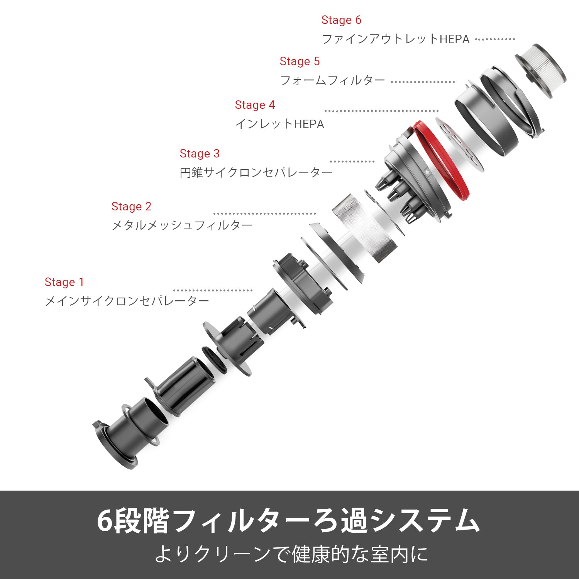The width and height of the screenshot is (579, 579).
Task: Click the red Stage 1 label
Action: [x=64, y=282]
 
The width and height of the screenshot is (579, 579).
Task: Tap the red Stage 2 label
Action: [x=131, y=207]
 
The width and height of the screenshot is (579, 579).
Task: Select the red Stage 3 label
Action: [x=200, y=154]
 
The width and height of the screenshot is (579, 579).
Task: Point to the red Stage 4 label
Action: [x=255, y=105]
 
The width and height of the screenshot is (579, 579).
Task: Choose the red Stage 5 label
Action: [x=300, y=61]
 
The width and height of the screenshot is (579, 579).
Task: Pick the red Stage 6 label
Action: [x=341, y=20]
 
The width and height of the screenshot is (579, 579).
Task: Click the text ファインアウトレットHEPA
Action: [x=396, y=39]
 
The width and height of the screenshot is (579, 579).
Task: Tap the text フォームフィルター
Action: [x=333, y=80]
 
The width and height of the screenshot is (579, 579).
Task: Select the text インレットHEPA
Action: [x=280, y=124]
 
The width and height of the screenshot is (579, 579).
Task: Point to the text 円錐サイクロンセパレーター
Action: [x=256, y=172]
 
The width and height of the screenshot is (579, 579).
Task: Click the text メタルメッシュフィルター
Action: [x=182, y=225]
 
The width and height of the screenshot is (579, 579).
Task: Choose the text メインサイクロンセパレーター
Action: [x=127, y=301]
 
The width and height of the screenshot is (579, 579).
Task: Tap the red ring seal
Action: [x=461, y=181]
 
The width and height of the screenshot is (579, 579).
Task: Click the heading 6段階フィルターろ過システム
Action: [x=288, y=521]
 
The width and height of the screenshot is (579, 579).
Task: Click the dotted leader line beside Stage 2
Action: [x=264, y=213]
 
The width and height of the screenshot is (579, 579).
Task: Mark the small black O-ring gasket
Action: [x=214, y=359]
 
